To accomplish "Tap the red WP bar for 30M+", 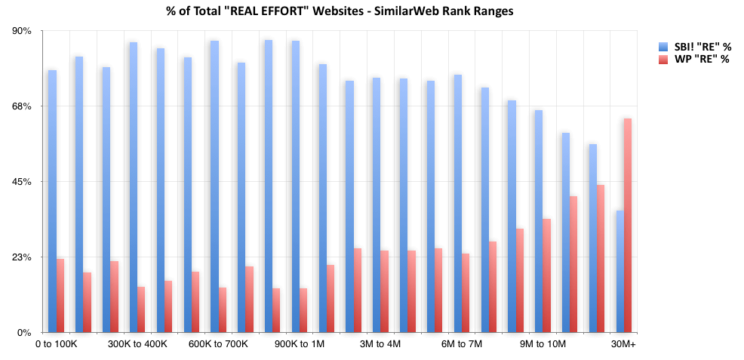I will pos(628,226).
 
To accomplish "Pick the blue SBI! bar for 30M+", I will pos(619,272).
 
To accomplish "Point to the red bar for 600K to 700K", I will pos(223,310).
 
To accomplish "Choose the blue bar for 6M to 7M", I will pos(457,204).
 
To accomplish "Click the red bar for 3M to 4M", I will pos(384,291).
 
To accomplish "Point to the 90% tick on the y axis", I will pos(22,31).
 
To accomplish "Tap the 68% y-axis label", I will pos(22,106).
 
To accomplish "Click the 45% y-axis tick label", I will pos(22,182).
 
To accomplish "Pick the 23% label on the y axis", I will pos(22,257).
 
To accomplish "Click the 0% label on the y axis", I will pos(24,333).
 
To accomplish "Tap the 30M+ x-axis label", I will pos(623,344).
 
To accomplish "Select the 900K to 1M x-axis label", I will pos(300,344).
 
